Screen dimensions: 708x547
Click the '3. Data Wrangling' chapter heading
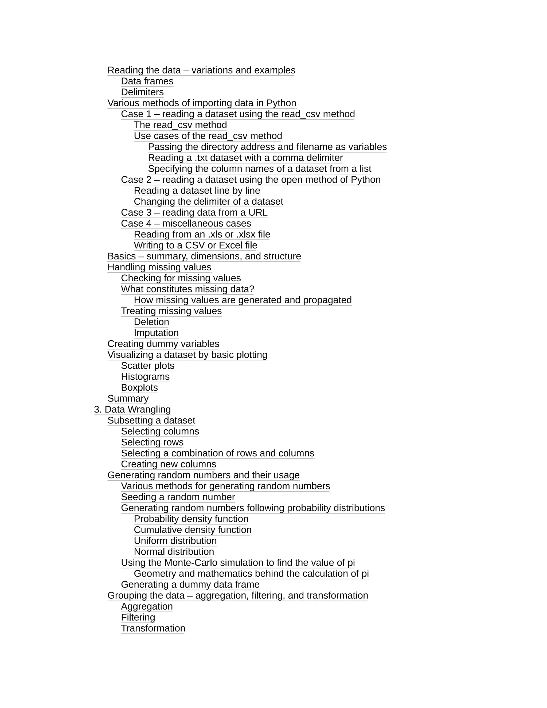132,409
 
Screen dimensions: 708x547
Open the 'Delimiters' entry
142,92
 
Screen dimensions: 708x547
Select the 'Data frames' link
147,81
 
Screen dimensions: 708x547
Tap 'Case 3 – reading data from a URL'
194,212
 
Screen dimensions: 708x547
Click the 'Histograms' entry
145,377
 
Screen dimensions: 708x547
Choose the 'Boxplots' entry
139,387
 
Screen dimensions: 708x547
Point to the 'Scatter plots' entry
147,366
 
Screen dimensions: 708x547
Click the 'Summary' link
128,398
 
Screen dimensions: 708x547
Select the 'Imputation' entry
156,333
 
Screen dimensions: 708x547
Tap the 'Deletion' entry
151,322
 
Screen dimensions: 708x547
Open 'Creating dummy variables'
163,344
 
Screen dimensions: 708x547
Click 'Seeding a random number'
178,497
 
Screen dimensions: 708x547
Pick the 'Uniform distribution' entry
175,541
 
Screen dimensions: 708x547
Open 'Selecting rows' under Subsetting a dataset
152,442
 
